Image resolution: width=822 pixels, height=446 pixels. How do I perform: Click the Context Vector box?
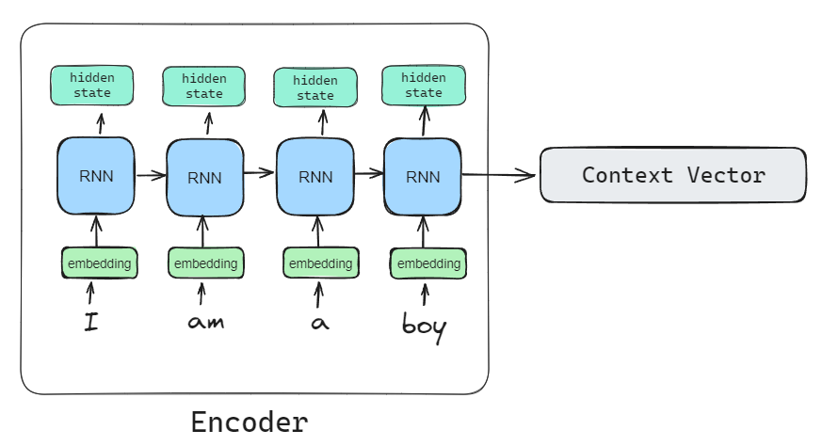672,175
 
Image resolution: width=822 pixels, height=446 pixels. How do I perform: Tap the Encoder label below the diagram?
249,422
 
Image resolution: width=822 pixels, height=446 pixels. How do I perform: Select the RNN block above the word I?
96,174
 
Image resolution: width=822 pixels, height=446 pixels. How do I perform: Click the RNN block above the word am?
204,176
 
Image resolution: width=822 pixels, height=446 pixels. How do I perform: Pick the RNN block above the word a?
314,176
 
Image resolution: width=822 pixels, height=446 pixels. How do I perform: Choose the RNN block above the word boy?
423,176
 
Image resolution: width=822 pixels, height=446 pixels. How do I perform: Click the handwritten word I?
91,324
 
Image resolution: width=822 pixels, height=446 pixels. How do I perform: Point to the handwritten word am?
204,324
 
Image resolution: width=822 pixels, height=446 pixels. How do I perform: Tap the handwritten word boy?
424,327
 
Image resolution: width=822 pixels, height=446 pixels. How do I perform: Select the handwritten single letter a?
319,324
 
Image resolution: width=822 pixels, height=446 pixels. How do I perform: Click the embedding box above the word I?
100,263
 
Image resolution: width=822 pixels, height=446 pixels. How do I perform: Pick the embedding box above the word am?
205,263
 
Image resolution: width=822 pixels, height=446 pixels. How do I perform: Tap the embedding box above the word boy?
428,263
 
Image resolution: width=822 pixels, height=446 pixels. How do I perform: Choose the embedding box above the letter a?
320,263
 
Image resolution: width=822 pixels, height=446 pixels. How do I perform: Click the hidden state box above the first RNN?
92,86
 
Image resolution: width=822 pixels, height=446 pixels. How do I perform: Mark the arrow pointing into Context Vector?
499,175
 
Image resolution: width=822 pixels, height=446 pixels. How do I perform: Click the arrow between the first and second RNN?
150,174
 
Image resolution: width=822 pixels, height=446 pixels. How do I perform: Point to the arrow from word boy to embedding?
424,295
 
